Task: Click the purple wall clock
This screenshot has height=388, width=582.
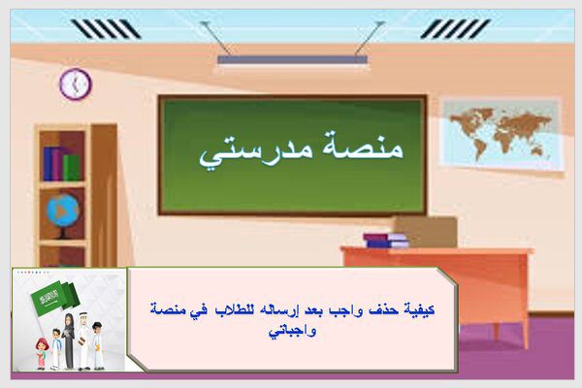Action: pyautogui.click(x=76, y=84)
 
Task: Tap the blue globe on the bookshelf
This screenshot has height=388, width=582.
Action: pyautogui.click(x=62, y=210)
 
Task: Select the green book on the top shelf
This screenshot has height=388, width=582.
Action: pyautogui.click(x=71, y=167)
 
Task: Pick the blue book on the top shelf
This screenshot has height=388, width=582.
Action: pyautogui.click(x=48, y=164)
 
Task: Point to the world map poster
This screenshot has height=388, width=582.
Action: pyautogui.click(x=501, y=134)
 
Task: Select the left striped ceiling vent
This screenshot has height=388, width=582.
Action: pyautogui.click(x=106, y=29)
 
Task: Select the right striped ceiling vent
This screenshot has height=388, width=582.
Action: pyautogui.click(x=455, y=29)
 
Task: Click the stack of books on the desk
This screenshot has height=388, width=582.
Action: pyautogui.click(x=386, y=240)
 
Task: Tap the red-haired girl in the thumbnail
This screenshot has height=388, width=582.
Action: pyautogui.click(x=41, y=354)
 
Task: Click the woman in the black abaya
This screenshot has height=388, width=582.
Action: pyautogui.click(x=69, y=341)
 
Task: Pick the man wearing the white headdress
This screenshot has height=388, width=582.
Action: pyautogui.click(x=84, y=340)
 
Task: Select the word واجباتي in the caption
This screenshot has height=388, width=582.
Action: pyautogui.click(x=293, y=331)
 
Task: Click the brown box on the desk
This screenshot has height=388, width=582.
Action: pyautogui.click(x=426, y=232)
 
